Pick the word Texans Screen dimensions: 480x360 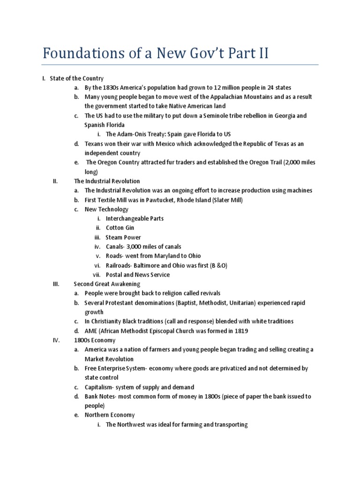94,144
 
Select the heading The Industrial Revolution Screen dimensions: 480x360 107,181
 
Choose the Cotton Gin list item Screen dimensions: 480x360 120,228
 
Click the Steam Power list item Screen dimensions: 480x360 123,237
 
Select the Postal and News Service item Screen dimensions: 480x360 138,275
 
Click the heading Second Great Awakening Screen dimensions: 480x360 107,284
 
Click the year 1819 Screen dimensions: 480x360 240,331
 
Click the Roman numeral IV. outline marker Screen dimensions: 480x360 57,340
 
